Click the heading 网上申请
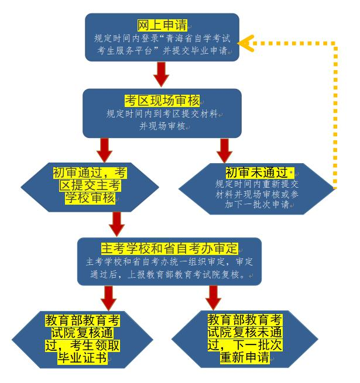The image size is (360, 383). click(x=162, y=26)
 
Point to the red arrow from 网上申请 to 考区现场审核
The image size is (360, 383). click(x=162, y=73)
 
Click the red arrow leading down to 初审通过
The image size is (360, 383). click(x=105, y=149)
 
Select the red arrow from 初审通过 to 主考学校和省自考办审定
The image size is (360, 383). click(x=118, y=222)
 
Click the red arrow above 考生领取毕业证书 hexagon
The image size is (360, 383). click(x=108, y=299)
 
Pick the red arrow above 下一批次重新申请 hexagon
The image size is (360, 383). click(x=214, y=299)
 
